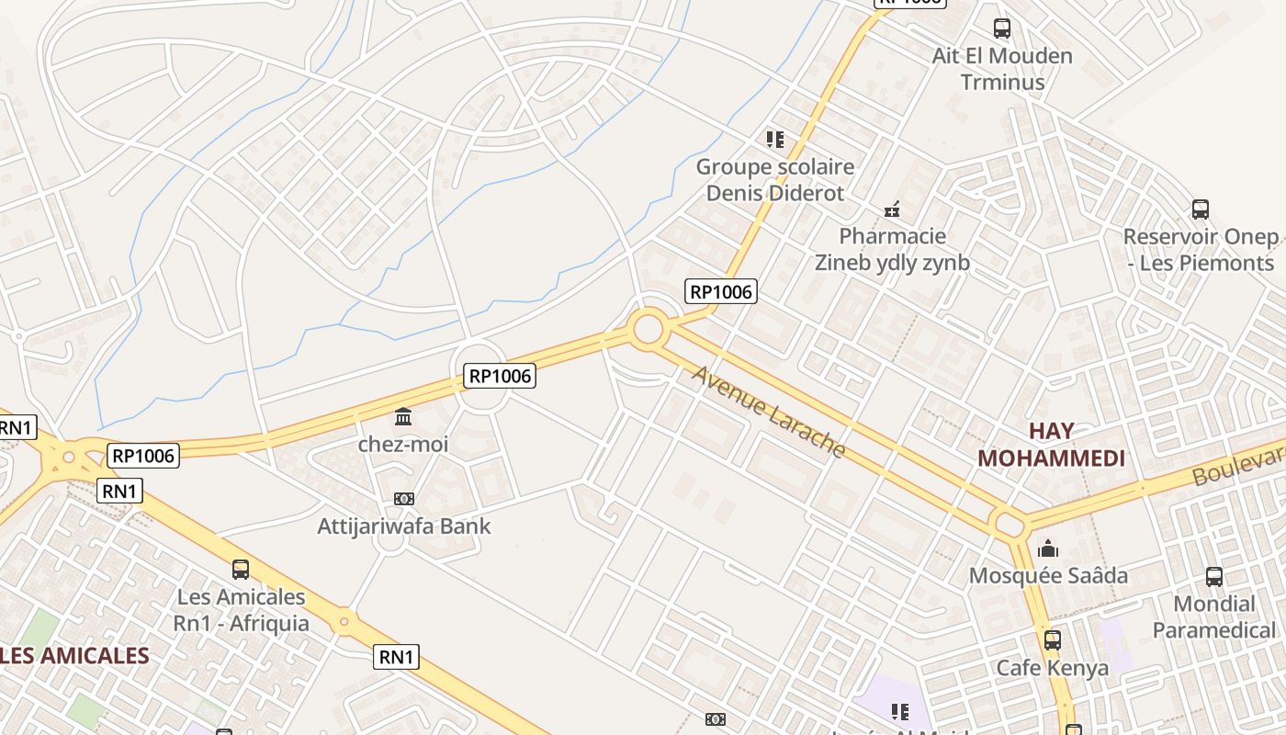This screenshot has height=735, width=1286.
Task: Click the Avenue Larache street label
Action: point(768,411)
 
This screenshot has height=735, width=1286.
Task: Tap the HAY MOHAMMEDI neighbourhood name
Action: point(1051,445)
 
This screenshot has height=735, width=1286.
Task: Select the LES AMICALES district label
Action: point(74,655)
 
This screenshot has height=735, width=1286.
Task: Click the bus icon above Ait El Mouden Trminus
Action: point(1002,28)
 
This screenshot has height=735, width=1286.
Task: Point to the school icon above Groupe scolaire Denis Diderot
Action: point(775,140)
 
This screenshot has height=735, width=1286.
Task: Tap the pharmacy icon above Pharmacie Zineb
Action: point(892,209)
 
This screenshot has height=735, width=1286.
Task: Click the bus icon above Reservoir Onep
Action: point(1201,209)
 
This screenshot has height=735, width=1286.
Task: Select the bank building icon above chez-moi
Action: point(403,418)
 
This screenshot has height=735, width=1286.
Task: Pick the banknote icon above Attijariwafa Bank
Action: point(403,499)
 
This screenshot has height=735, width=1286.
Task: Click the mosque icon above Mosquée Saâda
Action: point(1048,549)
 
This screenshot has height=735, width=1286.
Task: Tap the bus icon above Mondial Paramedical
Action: point(1214,577)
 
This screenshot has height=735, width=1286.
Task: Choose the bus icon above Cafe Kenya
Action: point(1053,640)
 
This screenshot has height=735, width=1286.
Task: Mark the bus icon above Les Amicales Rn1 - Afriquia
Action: point(241,570)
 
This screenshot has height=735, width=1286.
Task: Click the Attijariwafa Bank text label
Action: point(404,526)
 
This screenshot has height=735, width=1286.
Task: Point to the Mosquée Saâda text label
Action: point(1049,576)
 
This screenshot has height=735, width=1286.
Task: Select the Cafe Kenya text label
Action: point(1053,667)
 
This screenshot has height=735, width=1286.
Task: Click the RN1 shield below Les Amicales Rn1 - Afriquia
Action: point(398,656)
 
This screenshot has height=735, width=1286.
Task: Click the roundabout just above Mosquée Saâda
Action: point(1010,526)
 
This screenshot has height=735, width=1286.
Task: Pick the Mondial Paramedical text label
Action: point(1214,616)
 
